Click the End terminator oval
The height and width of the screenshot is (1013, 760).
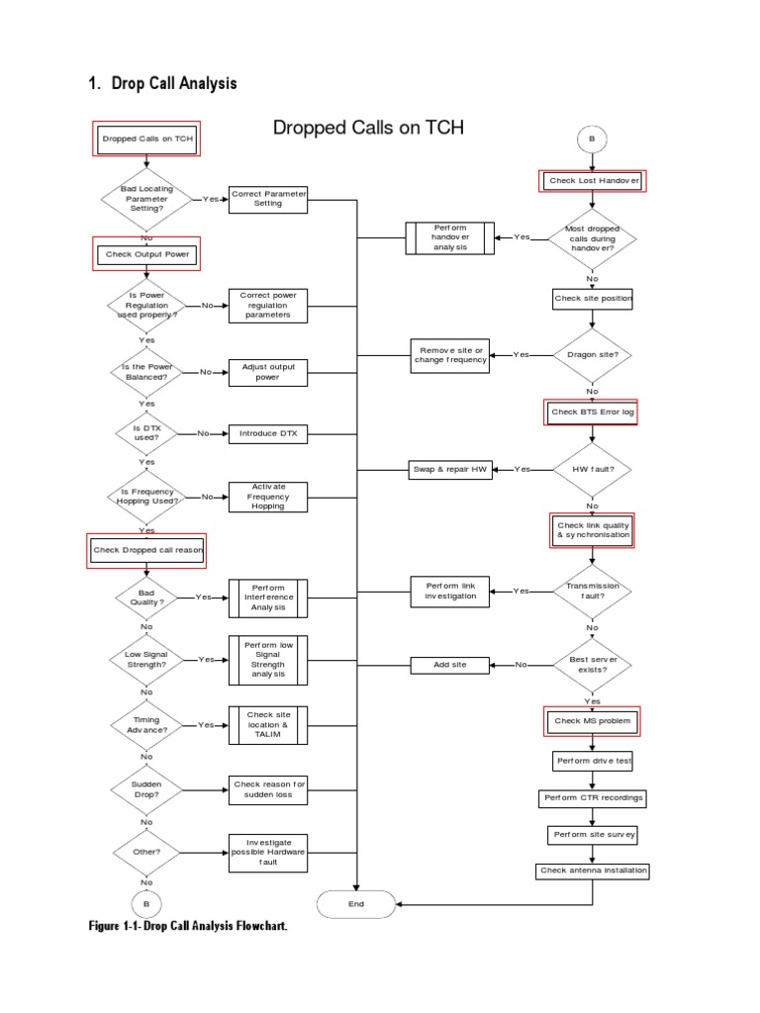[x=356, y=903]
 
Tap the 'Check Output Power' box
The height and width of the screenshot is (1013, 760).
[x=147, y=254]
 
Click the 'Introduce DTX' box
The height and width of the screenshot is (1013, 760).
[x=268, y=433]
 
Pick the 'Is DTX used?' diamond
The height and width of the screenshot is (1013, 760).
[x=146, y=433]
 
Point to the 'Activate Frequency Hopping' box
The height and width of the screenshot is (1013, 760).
[x=268, y=497]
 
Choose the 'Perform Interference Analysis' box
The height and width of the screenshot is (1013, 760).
[x=268, y=598]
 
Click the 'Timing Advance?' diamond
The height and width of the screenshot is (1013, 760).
[x=146, y=725]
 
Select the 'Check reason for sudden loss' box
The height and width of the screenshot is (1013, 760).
[x=269, y=789]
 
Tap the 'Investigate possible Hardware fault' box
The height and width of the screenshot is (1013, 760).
[x=268, y=852]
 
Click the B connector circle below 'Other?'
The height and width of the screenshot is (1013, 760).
[x=146, y=903]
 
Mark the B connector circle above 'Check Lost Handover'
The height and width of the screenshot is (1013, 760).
[x=592, y=139]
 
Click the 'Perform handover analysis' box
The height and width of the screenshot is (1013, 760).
[x=450, y=237]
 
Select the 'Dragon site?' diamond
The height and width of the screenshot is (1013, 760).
[x=593, y=354]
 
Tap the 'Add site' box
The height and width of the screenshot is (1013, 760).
[x=450, y=665]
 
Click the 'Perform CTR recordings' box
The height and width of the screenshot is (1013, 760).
[x=593, y=797]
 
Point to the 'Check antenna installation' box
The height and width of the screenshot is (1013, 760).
[x=593, y=871]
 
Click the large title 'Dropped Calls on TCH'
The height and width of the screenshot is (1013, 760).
[x=368, y=128]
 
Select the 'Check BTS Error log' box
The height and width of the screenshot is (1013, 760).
[x=593, y=412]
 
